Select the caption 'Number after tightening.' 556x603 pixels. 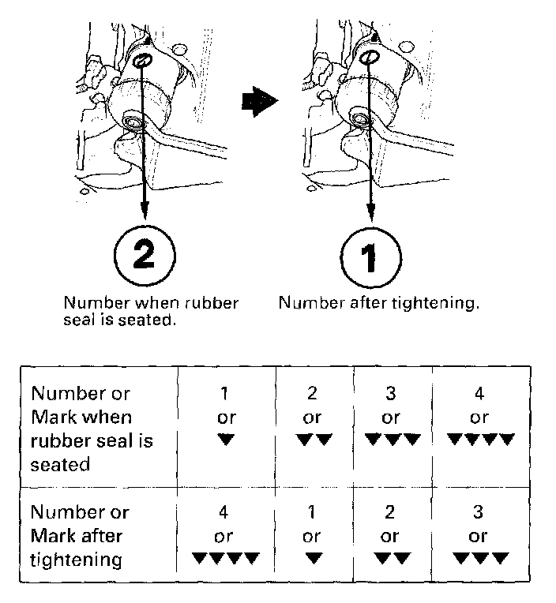tap(379, 303)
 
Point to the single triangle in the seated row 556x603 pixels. tap(227, 440)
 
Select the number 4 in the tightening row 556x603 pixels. tap(227, 512)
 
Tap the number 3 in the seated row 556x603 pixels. tap(390, 392)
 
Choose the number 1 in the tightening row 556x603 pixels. tap(312, 512)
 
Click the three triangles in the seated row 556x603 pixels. tap(390, 440)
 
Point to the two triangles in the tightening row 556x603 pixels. tap(390, 559)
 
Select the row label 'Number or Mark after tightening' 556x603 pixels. tap(79, 536)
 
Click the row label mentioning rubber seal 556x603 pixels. tap(91, 429)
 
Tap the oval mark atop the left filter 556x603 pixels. tap(142, 61)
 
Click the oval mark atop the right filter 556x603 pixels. tap(370, 57)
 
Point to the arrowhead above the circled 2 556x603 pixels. tap(144, 212)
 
